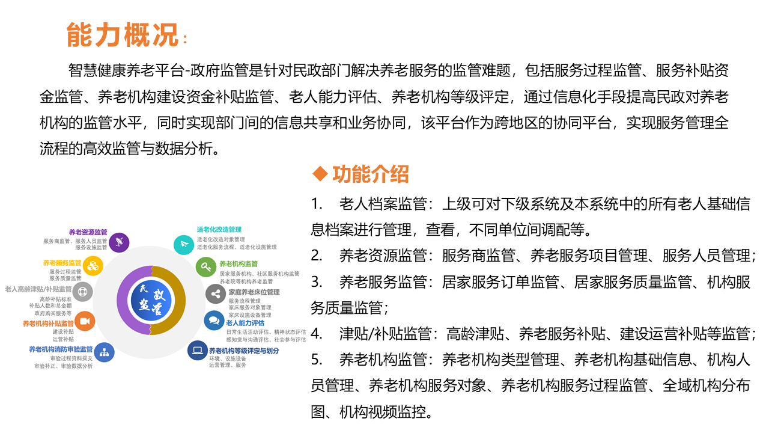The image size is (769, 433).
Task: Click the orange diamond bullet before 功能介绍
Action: coord(321,174)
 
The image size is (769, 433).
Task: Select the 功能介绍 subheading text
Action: coord(371,174)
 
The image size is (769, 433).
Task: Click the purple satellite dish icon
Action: coord(120,242)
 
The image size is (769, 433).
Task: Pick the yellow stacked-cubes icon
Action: coord(93,265)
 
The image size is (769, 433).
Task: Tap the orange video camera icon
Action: coord(84,321)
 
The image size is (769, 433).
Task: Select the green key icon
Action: coord(206,266)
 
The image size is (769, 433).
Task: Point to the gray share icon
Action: coord(215,294)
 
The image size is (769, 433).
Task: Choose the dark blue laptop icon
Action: coord(197,350)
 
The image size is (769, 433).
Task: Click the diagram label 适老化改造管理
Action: coord(219,229)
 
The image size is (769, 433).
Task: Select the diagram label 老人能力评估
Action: coord(245,323)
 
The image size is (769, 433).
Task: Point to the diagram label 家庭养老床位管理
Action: coord(254,292)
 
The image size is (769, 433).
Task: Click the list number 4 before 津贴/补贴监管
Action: coord(317,333)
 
